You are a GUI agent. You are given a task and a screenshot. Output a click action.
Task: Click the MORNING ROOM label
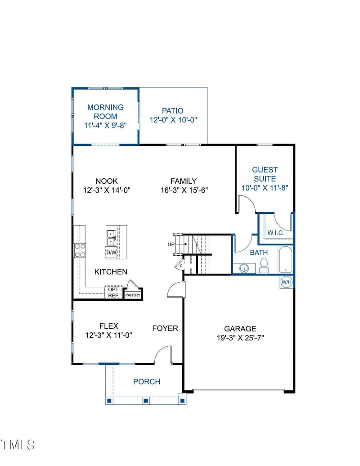tap(105, 112)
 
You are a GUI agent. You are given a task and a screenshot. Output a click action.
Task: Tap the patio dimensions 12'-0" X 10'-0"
tap(174, 120)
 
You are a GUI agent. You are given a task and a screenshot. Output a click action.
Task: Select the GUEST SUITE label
tap(265, 174)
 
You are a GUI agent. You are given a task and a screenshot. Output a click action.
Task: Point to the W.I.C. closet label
tap(275, 232)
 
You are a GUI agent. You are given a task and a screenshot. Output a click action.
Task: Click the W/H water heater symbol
tap(286, 282)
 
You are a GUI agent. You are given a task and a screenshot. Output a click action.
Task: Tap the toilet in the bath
tap(264, 267)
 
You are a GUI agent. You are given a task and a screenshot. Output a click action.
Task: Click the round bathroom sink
tap(244, 269)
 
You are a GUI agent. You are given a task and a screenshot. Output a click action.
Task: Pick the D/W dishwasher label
tap(111, 253)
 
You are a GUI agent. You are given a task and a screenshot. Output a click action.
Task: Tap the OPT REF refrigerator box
tap(113, 292)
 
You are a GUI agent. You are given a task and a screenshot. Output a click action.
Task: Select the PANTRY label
tap(133, 295)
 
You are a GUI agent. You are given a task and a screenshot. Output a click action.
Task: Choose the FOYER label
tap(165, 328)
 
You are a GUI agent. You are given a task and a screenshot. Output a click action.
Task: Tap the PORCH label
tap(147, 381)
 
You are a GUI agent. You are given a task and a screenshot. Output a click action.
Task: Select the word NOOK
tap(107, 181)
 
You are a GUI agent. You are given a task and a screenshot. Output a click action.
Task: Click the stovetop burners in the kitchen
tap(80, 250)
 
